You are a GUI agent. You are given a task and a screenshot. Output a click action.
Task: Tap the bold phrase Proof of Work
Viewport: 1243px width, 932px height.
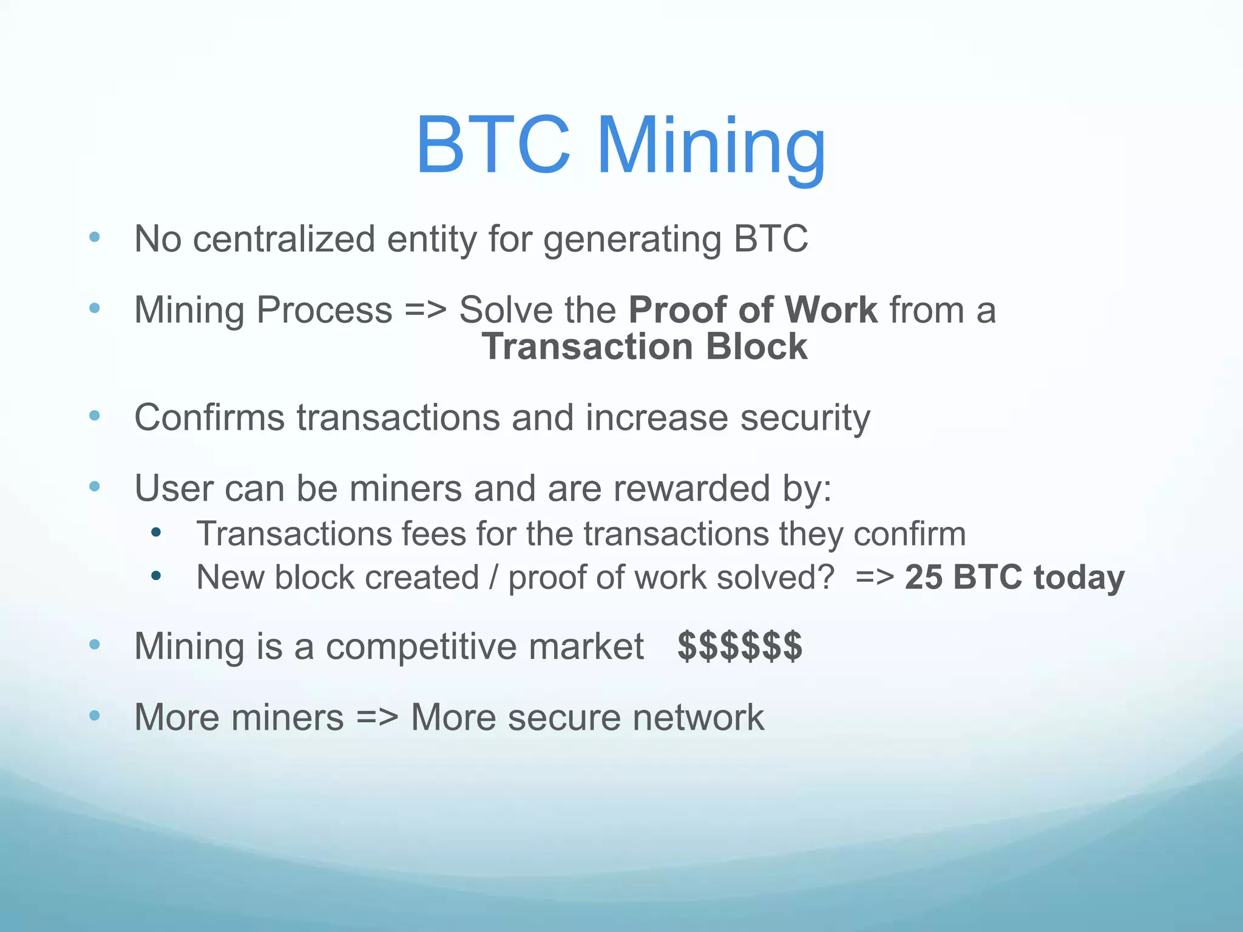coord(753,310)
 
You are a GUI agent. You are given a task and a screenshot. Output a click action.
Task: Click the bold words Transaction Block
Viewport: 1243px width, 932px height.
coord(645,346)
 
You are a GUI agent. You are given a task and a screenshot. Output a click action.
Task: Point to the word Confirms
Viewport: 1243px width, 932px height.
coord(209,418)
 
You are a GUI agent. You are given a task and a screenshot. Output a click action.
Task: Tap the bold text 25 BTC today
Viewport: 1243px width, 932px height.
coord(1014,577)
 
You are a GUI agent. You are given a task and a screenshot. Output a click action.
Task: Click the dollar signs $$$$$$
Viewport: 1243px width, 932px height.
coord(740,646)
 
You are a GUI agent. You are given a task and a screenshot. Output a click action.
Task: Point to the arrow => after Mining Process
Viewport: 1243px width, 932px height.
coord(425,310)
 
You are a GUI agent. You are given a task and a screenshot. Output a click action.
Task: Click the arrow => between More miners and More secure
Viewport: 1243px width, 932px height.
coord(377,718)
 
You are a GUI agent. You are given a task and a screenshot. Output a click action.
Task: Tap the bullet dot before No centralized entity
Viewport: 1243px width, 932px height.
coord(94,237)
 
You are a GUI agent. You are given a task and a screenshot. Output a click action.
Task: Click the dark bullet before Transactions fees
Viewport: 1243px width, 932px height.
coord(156,533)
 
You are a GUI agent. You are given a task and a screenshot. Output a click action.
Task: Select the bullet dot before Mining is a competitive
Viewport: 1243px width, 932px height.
coord(94,644)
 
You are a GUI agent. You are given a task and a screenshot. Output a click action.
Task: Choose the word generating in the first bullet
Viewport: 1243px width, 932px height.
coord(632,239)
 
